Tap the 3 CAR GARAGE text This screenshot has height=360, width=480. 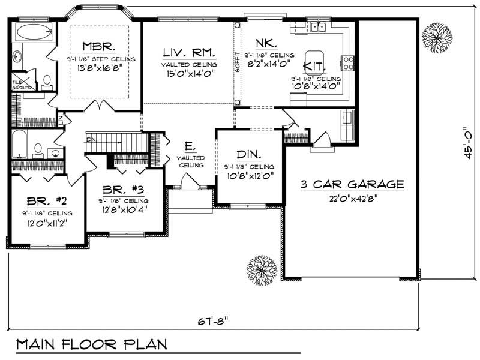(352, 184)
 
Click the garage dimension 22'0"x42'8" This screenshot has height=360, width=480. (352, 198)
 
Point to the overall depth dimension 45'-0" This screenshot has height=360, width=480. (465, 141)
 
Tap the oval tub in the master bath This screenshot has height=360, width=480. (34, 32)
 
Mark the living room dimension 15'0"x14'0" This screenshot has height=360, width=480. (188, 74)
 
